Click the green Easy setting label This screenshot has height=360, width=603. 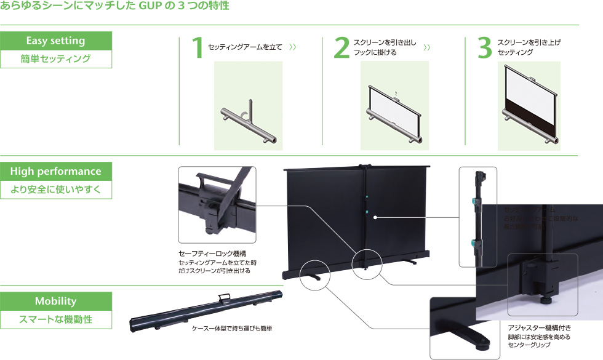pos(56,41)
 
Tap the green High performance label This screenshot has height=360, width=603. pos(56,171)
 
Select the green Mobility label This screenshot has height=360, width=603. pos(56,301)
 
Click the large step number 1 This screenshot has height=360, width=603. pos(197,49)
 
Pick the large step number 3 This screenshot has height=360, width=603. pos(485,49)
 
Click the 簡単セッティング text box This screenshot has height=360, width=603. pos(56,59)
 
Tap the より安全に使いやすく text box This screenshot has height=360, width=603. pos(56,190)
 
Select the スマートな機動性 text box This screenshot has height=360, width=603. pos(56,319)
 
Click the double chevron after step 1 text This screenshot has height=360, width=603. pos(293,47)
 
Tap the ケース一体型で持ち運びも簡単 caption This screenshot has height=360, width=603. pos(232,329)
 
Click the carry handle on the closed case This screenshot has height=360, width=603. pos(223,298)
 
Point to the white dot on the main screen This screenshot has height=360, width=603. pos(374,217)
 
